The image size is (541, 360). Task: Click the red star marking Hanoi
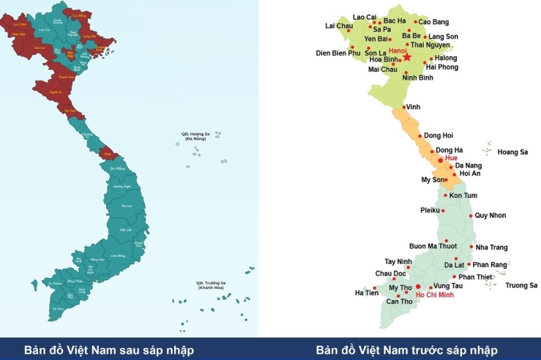point(407,57)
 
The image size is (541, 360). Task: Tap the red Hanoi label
point(397,51)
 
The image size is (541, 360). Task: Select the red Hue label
point(451,158)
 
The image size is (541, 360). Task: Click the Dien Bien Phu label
point(338,53)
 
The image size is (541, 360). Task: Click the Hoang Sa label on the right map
point(512,152)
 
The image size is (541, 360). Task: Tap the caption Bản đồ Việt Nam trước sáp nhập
point(407,350)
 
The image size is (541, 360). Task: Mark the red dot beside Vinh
point(403,108)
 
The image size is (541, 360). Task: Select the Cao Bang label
point(433,21)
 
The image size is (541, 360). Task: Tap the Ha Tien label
point(367,293)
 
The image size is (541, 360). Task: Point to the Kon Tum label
point(463,196)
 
